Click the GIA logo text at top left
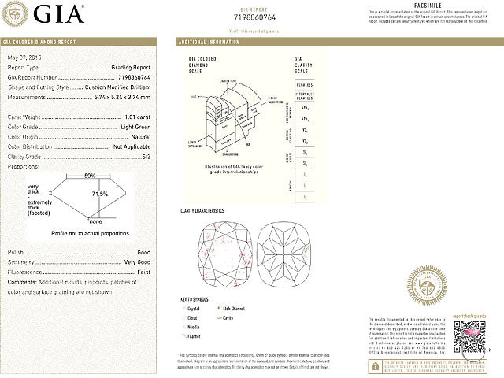click(57, 14)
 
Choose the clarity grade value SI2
click(145, 156)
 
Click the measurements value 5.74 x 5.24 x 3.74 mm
click(116, 97)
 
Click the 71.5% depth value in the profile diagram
click(100, 194)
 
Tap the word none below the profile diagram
click(95, 222)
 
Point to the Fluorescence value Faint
click(143, 271)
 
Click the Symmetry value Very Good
click(136, 261)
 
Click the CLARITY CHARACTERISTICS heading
click(202, 210)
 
